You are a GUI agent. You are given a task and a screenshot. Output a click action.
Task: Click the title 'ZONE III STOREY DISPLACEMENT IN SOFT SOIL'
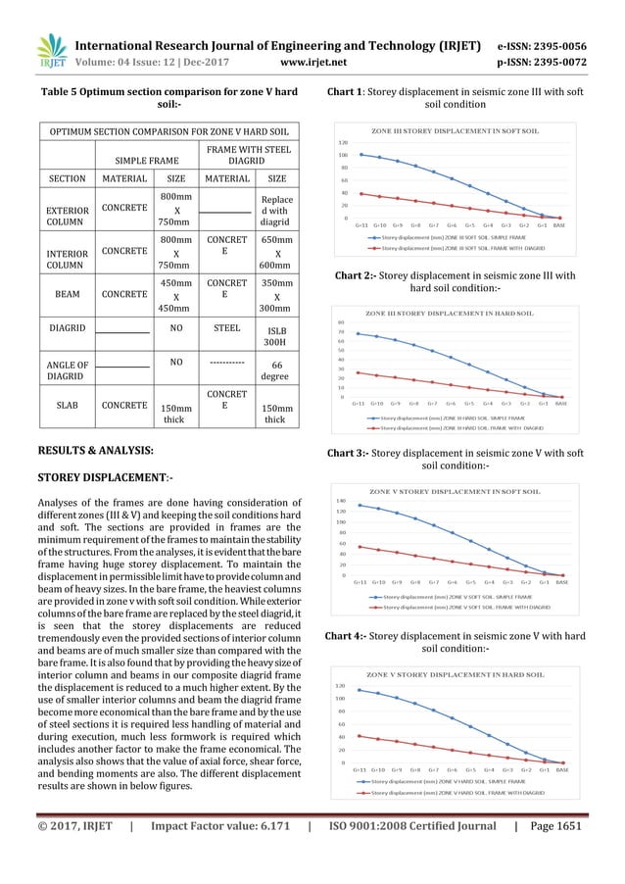tap(455, 130)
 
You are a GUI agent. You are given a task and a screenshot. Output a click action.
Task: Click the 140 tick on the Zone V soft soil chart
tap(343, 500)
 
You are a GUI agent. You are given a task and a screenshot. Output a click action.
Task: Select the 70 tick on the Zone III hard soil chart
tap(343, 332)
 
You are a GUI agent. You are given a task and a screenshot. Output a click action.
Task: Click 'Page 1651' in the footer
tap(551, 852)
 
